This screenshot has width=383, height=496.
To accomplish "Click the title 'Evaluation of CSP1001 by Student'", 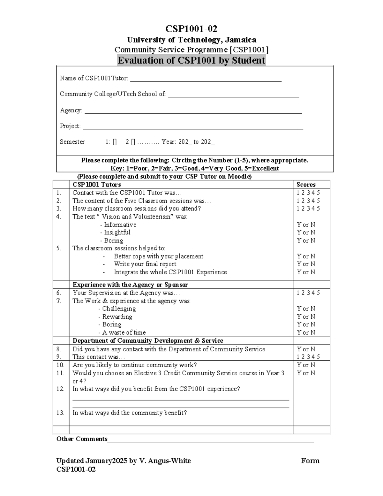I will pyautogui.click(x=191, y=60).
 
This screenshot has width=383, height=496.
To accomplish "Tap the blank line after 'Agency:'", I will pyautogui.click(x=193, y=112).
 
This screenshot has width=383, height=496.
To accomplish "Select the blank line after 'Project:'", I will pyautogui.click(x=193, y=128).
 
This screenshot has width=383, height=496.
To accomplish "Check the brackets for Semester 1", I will pyautogui.click(x=115, y=142).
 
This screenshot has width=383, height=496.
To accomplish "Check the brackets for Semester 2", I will pyautogui.click(x=133, y=142).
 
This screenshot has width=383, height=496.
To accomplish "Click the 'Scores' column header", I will pyautogui.click(x=306, y=185).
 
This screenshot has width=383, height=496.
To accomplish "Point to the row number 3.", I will pyautogui.click(x=59, y=209).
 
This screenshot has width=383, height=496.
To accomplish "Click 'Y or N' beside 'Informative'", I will pyautogui.click(x=306, y=225).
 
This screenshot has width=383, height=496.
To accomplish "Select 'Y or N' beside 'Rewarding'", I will pyautogui.click(x=306, y=317).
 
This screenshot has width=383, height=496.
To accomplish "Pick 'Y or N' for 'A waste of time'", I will pyautogui.click(x=306, y=332).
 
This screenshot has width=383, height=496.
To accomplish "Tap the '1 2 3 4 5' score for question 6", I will pyautogui.click(x=308, y=293).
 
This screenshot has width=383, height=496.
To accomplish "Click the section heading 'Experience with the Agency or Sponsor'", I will pyautogui.click(x=130, y=285).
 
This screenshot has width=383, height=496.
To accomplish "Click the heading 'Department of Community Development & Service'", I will pyautogui.click(x=148, y=340).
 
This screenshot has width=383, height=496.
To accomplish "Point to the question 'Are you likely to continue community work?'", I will pyautogui.click(x=134, y=365).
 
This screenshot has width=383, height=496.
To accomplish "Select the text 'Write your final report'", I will pyautogui.click(x=145, y=264).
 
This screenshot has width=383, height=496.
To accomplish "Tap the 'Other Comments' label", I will pyautogui.click(x=82, y=439).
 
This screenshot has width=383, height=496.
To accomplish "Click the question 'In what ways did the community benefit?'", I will pyautogui.click(x=130, y=413).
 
